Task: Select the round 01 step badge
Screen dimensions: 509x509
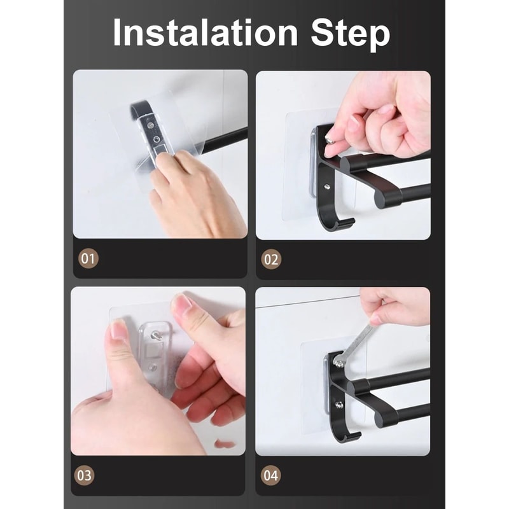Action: tap(88, 259)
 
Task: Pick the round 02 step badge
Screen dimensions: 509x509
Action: tap(272, 259)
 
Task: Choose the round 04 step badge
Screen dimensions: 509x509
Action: tap(272, 475)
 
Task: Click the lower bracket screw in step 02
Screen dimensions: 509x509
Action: tap(326, 187)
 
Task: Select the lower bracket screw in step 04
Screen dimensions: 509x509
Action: tap(340, 405)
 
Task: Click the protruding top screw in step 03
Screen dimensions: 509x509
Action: tap(155, 336)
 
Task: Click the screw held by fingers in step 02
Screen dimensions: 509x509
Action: tap(330, 137)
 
